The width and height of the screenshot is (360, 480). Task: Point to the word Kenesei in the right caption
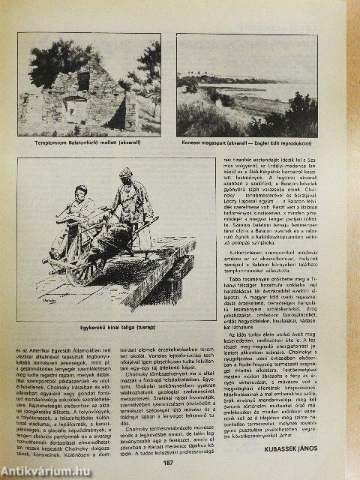pos(193,140)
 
